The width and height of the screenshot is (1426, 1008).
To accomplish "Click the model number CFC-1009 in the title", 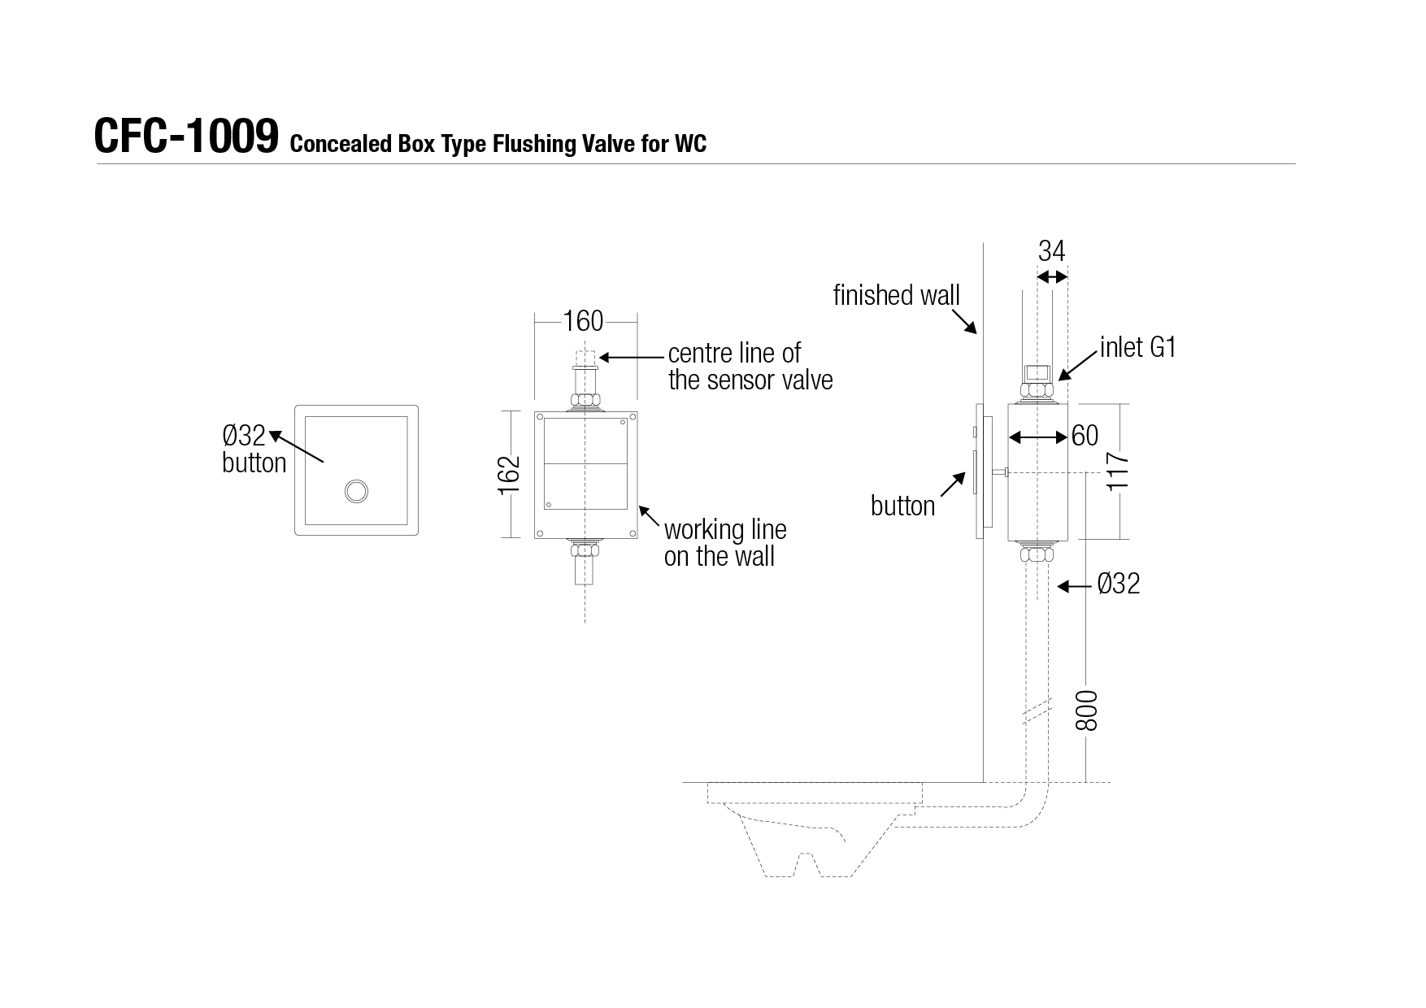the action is pos(186,136).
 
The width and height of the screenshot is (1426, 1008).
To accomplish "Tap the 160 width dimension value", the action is pos(584,321).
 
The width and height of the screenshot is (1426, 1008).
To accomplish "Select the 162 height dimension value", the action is pos(508,475).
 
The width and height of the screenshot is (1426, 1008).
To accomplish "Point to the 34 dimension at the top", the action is pos(1051,251).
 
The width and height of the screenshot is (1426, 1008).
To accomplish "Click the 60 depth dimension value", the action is pos(1085,436).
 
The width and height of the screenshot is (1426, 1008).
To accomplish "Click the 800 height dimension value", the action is pos(1086,710).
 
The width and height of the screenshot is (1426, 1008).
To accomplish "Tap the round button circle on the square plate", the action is pos(356,491).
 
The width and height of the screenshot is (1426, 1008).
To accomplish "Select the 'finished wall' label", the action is pos(897,295).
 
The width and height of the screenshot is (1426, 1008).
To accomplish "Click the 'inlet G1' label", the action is pos(1138,348).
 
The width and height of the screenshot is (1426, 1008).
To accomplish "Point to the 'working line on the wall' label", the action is pos(725,543).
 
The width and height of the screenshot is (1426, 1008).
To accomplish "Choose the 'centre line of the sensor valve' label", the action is pos(750,367).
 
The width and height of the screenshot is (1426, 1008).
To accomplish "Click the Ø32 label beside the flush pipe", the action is pos(1119,584).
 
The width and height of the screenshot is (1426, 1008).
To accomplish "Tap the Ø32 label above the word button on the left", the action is pos(244,436).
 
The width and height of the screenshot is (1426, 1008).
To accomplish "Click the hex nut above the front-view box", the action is pos(585,400).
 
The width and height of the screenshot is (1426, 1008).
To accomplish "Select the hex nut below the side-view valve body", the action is pos(1037,555).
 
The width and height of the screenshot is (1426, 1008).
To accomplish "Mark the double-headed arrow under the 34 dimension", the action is pos(1052,277).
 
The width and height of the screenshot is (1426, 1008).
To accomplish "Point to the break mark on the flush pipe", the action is pos(1037,712).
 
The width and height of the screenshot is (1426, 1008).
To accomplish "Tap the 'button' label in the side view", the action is pos(902,506).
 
